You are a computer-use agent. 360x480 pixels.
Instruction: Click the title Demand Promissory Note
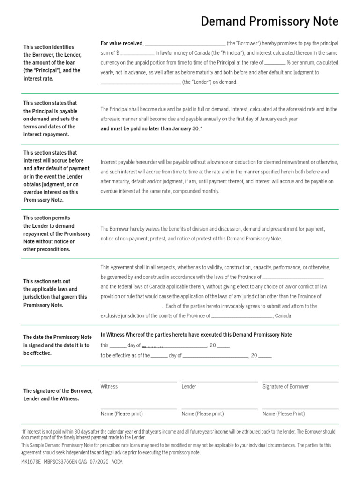[x=269, y=22]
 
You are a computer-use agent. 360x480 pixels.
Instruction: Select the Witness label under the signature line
[x=109, y=387]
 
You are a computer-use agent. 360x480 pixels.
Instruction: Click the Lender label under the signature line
[x=189, y=387]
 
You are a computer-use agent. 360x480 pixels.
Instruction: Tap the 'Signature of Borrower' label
[x=285, y=387]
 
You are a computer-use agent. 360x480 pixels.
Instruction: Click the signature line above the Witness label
[x=138, y=382]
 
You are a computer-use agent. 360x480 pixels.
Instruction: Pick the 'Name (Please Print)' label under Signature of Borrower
[x=284, y=414]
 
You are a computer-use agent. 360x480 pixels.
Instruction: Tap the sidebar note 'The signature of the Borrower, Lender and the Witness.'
[x=58, y=395]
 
